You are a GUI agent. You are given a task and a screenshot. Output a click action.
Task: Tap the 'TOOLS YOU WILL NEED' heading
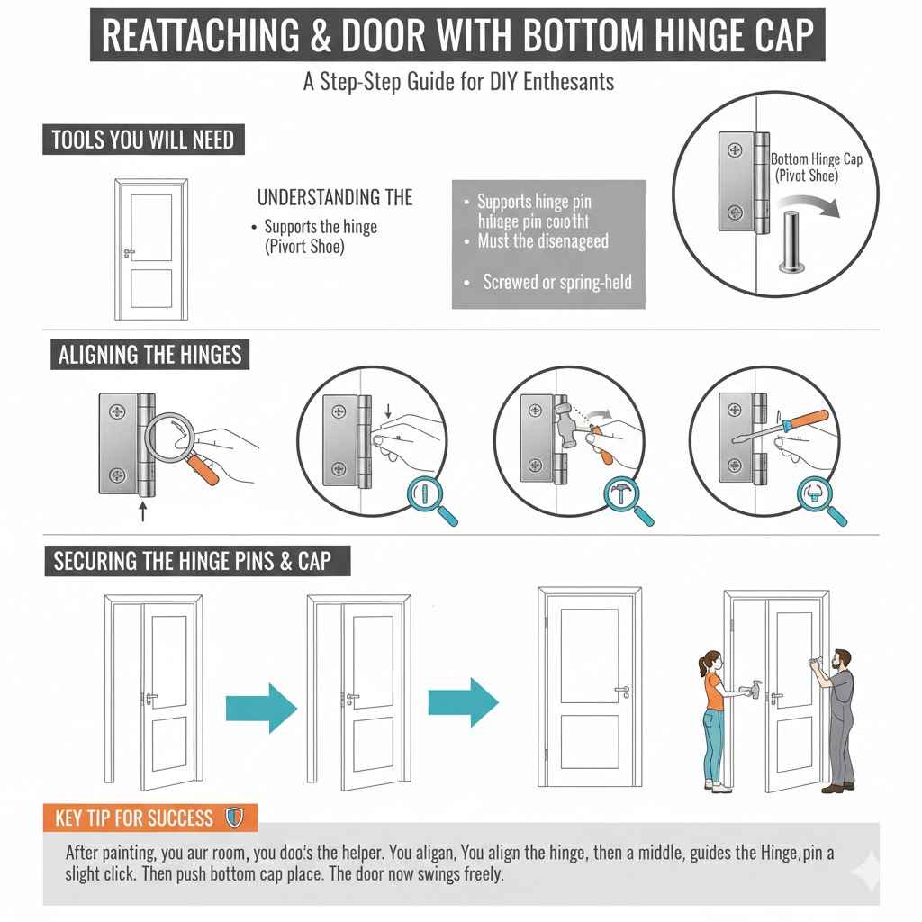pyautogui.click(x=143, y=140)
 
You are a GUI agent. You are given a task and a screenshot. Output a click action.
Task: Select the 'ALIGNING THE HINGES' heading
pyautogui.click(x=150, y=354)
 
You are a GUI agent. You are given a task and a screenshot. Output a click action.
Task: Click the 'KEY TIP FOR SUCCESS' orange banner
pyautogui.click(x=134, y=818)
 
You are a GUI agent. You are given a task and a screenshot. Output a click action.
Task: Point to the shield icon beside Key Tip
pyautogui.click(x=234, y=818)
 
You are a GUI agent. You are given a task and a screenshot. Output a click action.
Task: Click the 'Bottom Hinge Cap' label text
pyautogui.click(x=816, y=159)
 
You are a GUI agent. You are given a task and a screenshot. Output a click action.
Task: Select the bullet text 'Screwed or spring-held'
pyautogui.click(x=557, y=282)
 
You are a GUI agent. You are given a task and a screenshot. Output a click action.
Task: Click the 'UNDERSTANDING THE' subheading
pyautogui.click(x=335, y=197)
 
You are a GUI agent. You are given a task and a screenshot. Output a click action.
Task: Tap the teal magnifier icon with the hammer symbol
pyautogui.click(x=628, y=499)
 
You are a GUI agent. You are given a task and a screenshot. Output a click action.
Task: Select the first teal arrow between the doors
pyautogui.click(x=261, y=702)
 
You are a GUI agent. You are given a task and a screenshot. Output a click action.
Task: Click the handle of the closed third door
pyautogui.click(x=621, y=691)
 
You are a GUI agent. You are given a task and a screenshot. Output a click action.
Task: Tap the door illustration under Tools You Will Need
pyautogui.click(x=151, y=249)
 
